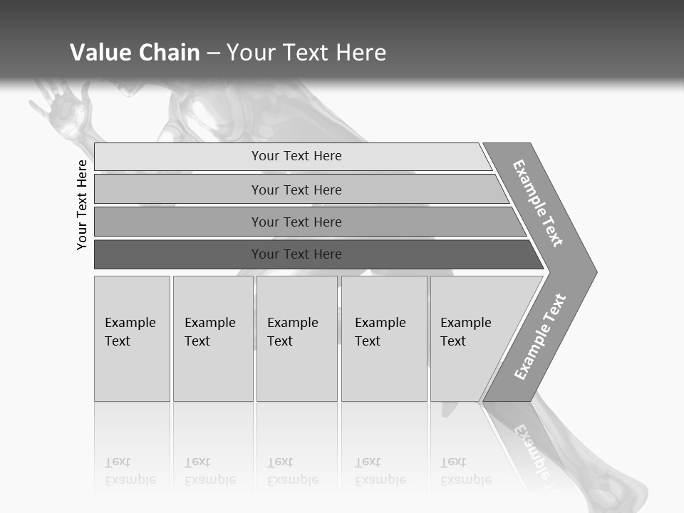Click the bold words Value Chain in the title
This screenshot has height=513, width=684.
coord(135,53)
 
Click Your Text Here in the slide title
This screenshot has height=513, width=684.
coord(306,53)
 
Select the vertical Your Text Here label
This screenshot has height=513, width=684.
coord(82,204)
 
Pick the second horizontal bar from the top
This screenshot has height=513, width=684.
coord(296,190)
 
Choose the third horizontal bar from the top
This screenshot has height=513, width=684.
coord(296,222)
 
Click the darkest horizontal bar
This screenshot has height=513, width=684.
coord(178,254)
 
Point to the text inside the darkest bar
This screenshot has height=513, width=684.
coord(296,254)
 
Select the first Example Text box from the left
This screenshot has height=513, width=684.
coord(132,338)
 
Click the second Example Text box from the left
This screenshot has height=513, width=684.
coord(212,338)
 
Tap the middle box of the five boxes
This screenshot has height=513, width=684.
coord(296,338)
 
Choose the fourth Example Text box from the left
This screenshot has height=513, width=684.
coord(383,338)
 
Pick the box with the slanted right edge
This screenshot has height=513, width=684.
coord(470,338)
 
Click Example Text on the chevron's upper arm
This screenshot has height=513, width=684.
coord(538,203)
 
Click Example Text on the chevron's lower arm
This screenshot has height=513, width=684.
coord(540,336)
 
